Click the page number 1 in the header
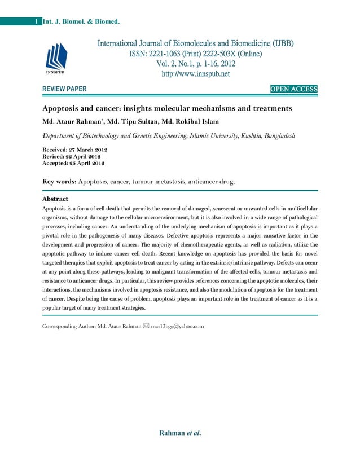pyautogui.click(x=36, y=22)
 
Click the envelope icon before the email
pyautogui.click(x=146, y=326)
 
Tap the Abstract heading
pyautogui.click(x=55, y=199)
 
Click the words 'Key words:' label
pyautogui.click(x=59, y=182)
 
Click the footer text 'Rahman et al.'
pyautogui.click(x=181, y=433)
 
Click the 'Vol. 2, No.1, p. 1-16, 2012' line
pyautogui.click(x=195, y=64)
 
